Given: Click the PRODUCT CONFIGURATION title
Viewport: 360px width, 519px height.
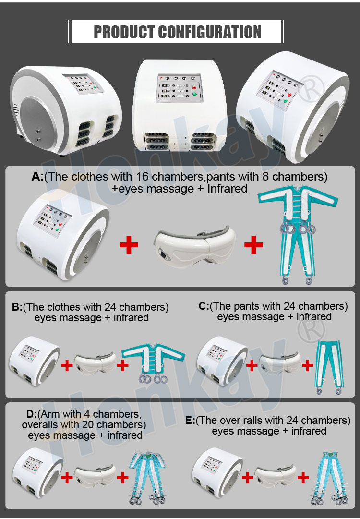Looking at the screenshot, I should (177, 32).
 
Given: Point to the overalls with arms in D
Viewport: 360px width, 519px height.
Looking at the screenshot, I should (152, 475).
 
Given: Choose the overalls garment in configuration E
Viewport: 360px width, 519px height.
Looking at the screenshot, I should (332, 475).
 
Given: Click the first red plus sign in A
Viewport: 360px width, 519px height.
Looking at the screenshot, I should (129, 245).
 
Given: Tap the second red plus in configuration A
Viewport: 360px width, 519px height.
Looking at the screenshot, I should (253, 245).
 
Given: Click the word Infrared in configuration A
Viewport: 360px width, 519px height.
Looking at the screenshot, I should (228, 188).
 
